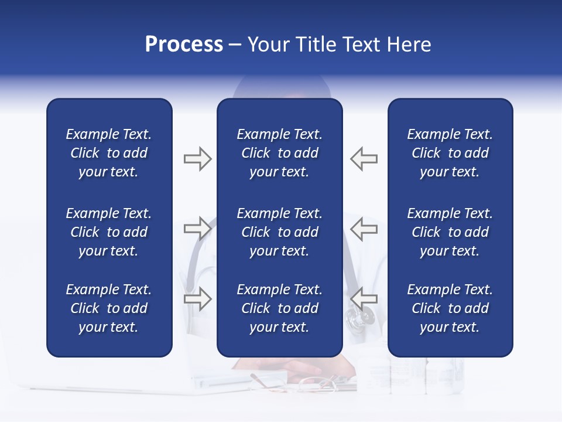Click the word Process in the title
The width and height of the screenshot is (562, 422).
pyautogui.click(x=184, y=45)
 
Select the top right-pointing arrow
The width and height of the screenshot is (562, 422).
pyautogui.click(x=197, y=159)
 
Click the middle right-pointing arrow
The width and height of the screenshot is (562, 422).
pyautogui.click(x=197, y=228)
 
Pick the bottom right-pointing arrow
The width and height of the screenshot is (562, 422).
pyautogui.click(x=197, y=299)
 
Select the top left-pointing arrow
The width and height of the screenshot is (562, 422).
pyautogui.click(x=364, y=159)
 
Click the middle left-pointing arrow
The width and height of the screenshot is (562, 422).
pyautogui.click(x=364, y=228)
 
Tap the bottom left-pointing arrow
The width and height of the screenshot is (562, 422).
pyautogui.click(x=364, y=299)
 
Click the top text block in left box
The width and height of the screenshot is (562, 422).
pyautogui.click(x=109, y=153)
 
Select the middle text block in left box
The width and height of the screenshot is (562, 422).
pyautogui.click(x=109, y=232)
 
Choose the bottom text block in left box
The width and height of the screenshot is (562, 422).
pyautogui.click(x=109, y=308)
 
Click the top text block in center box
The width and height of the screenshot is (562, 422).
pyautogui.click(x=279, y=153)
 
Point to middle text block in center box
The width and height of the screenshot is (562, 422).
pyautogui.click(x=279, y=232)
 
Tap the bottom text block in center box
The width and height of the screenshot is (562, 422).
pyautogui.click(x=279, y=308)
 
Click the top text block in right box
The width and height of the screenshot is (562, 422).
pyautogui.click(x=450, y=153)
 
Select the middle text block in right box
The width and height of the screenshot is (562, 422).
pyautogui.click(x=450, y=232)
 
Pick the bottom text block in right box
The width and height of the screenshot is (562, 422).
pyautogui.click(x=450, y=308)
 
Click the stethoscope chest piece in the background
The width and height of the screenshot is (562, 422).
pyautogui.click(x=359, y=319)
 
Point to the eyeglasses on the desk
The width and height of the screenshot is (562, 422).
pyautogui.click(x=316, y=384)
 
